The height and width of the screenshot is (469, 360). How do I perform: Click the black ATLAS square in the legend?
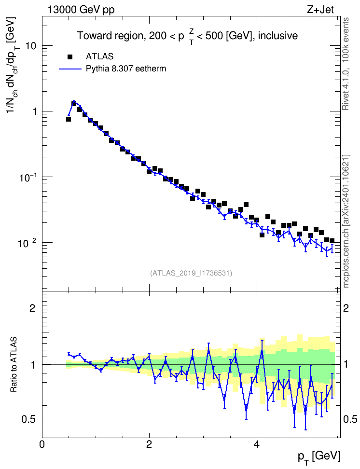pyautogui.click(x=70, y=56)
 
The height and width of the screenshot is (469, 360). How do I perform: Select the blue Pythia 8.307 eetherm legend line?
pyautogui.click(x=70, y=69)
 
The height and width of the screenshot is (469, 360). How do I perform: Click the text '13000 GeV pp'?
pyautogui.click(x=81, y=10)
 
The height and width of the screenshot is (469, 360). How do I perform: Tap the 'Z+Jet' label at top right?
pyautogui.click(x=320, y=10)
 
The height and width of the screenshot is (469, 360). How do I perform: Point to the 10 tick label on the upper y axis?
pyautogui.click(x=30, y=46)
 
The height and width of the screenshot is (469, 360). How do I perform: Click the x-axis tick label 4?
pyautogui.click(x=257, y=444)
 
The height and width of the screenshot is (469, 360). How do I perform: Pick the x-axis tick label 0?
pyautogui.click(x=42, y=444)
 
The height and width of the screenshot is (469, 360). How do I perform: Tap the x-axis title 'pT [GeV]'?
pyautogui.click(x=319, y=457)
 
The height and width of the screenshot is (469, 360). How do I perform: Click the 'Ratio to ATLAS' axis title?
pyautogui.click(x=14, y=365)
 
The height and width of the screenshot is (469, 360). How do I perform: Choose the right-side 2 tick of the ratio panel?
pyautogui.click(x=346, y=308)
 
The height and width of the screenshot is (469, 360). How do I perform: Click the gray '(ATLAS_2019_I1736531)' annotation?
pyautogui.click(x=191, y=273)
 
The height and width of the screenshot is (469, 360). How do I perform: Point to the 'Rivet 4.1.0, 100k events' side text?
pyautogui.click(x=346, y=64)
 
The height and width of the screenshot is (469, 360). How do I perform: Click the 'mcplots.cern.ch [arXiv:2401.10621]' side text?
pyautogui.click(x=346, y=221)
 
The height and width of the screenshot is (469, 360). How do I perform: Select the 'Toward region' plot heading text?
pyautogui.click(x=109, y=36)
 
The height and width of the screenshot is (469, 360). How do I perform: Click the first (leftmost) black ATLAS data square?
pyautogui.click(x=69, y=119)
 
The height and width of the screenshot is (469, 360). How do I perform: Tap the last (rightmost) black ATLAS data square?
pyautogui.click(x=332, y=241)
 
